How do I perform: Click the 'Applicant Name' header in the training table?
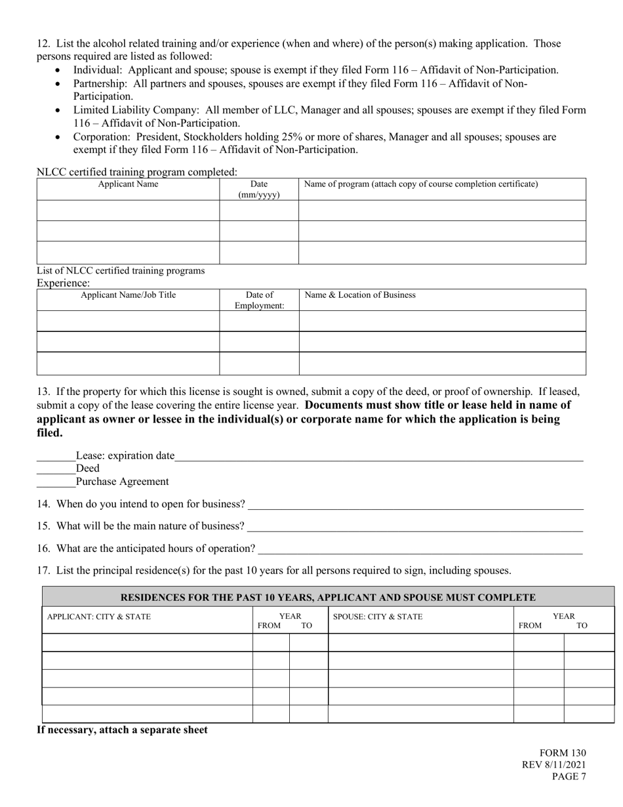coord(128,184)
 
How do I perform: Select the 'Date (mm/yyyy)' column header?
coord(258,190)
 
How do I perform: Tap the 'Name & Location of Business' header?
coord(360,295)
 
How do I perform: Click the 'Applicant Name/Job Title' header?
coord(128,295)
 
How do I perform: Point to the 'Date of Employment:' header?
coord(259,300)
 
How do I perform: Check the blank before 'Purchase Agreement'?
coord(56,483)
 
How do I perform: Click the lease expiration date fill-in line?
coord(378,457)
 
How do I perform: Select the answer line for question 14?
coord(415,505)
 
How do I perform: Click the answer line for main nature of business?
coord(414,528)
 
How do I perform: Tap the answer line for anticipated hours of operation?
coord(420,550)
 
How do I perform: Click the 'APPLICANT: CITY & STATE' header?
coord(98,617)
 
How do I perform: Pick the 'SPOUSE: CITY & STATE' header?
coord(378,617)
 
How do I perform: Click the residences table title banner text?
coord(328,598)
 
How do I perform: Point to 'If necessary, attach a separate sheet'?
coord(122,730)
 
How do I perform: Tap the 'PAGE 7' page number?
coord(569,777)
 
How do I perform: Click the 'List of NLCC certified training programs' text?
coord(121,270)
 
